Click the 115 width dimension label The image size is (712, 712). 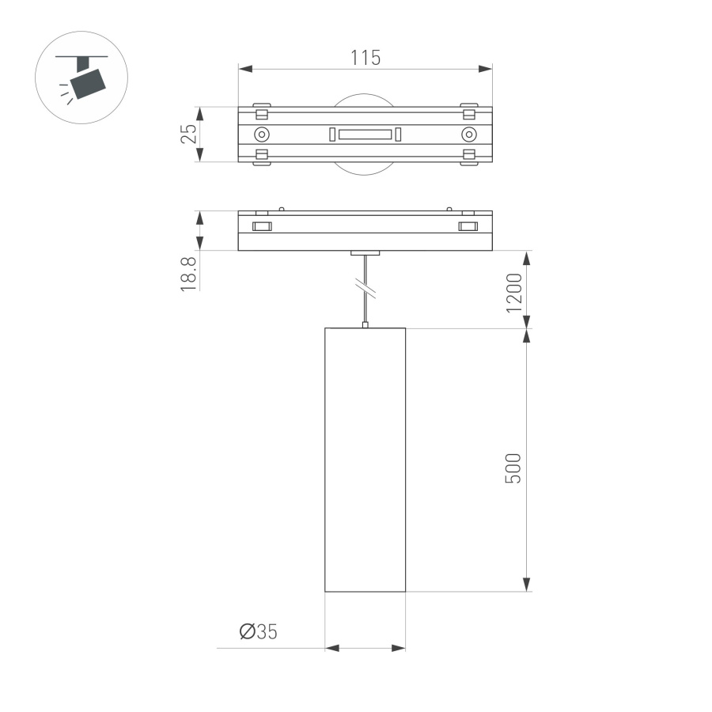click(365, 57)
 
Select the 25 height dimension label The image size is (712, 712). click(188, 134)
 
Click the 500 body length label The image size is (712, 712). click(514, 469)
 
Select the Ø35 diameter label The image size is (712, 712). click(259, 631)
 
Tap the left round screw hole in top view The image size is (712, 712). click(261, 134)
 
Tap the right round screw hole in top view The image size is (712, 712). click(469, 134)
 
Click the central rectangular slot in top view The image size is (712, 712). click(365, 134)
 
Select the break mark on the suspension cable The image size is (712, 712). click(365, 288)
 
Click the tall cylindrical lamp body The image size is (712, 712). click(365, 459)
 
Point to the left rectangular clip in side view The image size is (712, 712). click(261, 227)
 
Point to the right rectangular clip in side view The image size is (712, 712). click(468, 227)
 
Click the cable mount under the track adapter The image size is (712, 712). click(365, 254)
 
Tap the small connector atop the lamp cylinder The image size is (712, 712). click(365, 324)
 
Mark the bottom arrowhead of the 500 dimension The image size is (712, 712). click(526, 585)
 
